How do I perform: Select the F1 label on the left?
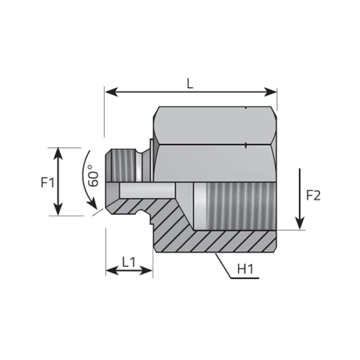point(46,183)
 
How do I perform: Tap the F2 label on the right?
point(313,196)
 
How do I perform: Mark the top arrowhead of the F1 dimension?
point(59,152)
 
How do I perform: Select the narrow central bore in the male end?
point(145,190)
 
